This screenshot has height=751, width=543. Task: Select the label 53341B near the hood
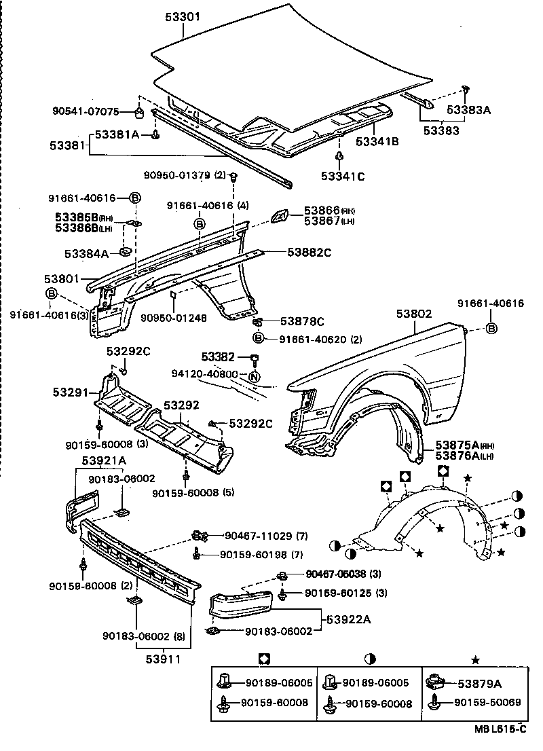pyautogui.click(x=377, y=141)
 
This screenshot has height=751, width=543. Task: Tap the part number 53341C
pyautogui.click(x=343, y=177)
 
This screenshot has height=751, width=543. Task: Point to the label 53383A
pyautogui.click(x=468, y=108)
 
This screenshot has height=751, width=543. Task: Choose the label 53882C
pyautogui.click(x=309, y=252)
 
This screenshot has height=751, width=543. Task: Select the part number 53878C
pyautogui.click(x=302, y=321)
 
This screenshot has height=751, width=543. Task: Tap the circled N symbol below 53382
pyautogui.click(x=254, y=377)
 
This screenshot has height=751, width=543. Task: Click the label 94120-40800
pyautogui.click(x=204, y=374)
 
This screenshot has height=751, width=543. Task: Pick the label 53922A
pyautogui.click(x=349, y=619)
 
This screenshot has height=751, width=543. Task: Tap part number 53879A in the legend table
pyautogui.click(x=479, y=684)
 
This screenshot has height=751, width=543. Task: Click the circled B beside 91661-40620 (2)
pyautogui.click(x=258, y=338)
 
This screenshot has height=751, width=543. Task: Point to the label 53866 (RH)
pyautogui.click(x=329, y=211)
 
